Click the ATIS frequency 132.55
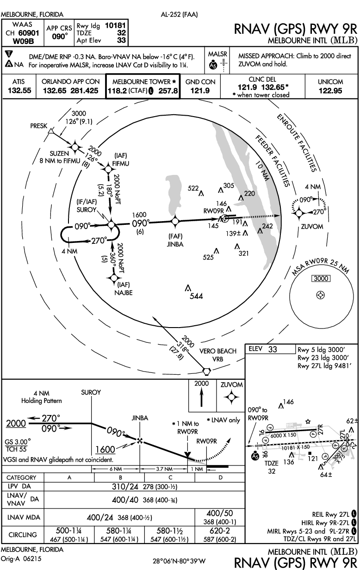point(19,90)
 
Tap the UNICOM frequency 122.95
point(330,91)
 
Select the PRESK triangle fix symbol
point(51,131)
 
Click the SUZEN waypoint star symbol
point(75,147)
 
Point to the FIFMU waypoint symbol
point(108,168)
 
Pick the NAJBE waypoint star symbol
point(113,278)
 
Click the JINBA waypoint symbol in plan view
point(175,221)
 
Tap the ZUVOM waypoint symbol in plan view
point(299,213)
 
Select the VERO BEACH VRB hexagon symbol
point(206,371)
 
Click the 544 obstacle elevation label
point(196,296)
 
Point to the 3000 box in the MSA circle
point(321,279)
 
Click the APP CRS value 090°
point(59,37)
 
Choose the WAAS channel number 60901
point(29,33)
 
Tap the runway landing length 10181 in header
point(115,25)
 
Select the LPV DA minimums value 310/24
point(125,487)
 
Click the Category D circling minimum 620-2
point(220,531)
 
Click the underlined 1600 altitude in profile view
point(105,450)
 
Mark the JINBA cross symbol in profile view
point(139,440)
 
